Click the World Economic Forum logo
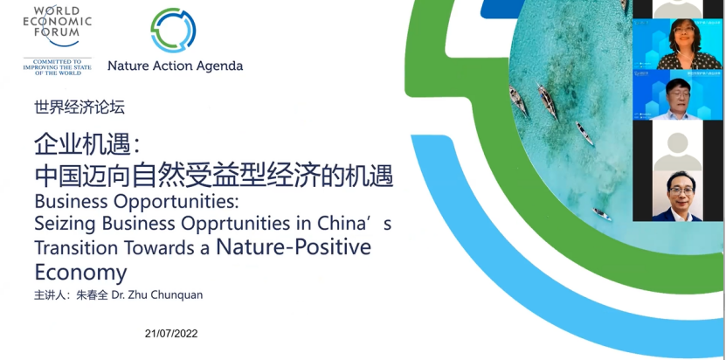click(x=58, y=41)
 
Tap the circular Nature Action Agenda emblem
click(x=173, y=31)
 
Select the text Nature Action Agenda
click(x=175, y=66)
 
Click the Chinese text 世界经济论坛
click(x=80, y=107)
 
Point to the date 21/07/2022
click(x=171, y=334)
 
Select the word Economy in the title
click(x=80, y=273)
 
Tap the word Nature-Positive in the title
click(x=294, y=246)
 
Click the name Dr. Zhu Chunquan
click(x=157, y=295)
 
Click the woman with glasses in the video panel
click(x=681, y=45)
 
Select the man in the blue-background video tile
click(x=676, y=100)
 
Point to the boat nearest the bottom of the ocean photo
click(x=602, y=214)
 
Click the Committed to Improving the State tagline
click(x=58, y=67)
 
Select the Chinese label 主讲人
click(x=49, y=295)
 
